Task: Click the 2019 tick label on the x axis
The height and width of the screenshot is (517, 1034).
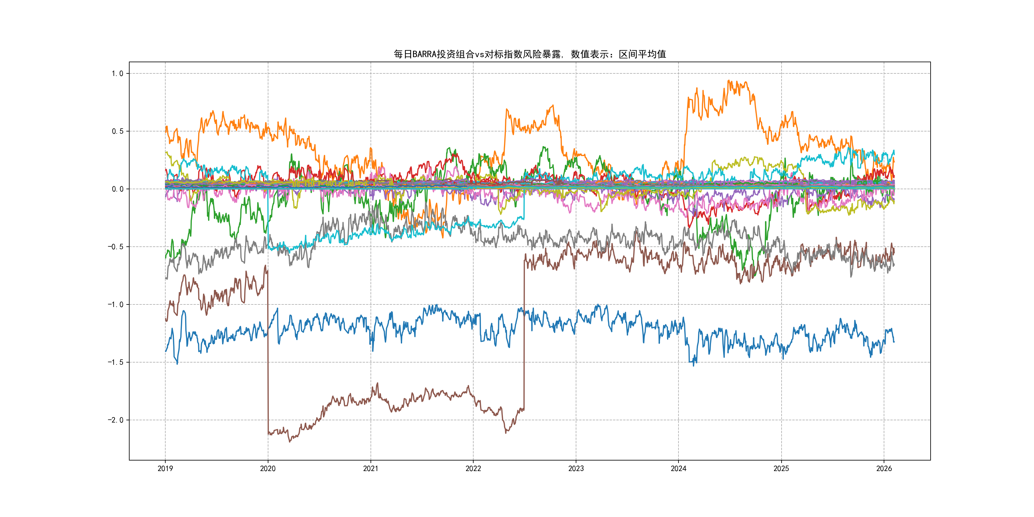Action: point(165,468)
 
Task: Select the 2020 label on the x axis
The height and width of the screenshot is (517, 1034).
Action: point(268,468)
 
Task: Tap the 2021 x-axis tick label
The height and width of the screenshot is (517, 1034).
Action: point(371,468)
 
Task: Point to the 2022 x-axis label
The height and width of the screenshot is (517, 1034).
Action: point(473,468)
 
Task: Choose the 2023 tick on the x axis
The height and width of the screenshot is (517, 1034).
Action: point(576,468)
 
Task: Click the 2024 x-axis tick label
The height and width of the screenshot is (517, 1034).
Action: point(678,468)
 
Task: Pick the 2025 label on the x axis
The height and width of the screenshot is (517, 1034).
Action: point(781,468)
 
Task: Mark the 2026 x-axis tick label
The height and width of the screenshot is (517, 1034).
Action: point(884,468)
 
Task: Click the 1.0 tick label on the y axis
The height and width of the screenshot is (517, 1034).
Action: point(117,73)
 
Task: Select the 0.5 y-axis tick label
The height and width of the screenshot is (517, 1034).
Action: point(117,131)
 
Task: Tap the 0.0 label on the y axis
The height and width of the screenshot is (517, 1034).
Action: point(117,189)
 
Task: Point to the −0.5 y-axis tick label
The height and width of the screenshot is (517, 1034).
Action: point(115,247)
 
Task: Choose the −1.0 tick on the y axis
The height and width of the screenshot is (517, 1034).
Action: point(115,305)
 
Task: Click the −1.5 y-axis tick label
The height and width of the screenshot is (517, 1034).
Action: point(115,363)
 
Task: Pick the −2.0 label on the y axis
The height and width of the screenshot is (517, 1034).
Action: point(115,420)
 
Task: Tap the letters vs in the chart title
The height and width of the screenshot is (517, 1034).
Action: point(479,54)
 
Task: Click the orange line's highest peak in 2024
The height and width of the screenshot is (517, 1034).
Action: point(729,81)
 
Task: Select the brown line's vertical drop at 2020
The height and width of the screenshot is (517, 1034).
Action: point(268,353)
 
